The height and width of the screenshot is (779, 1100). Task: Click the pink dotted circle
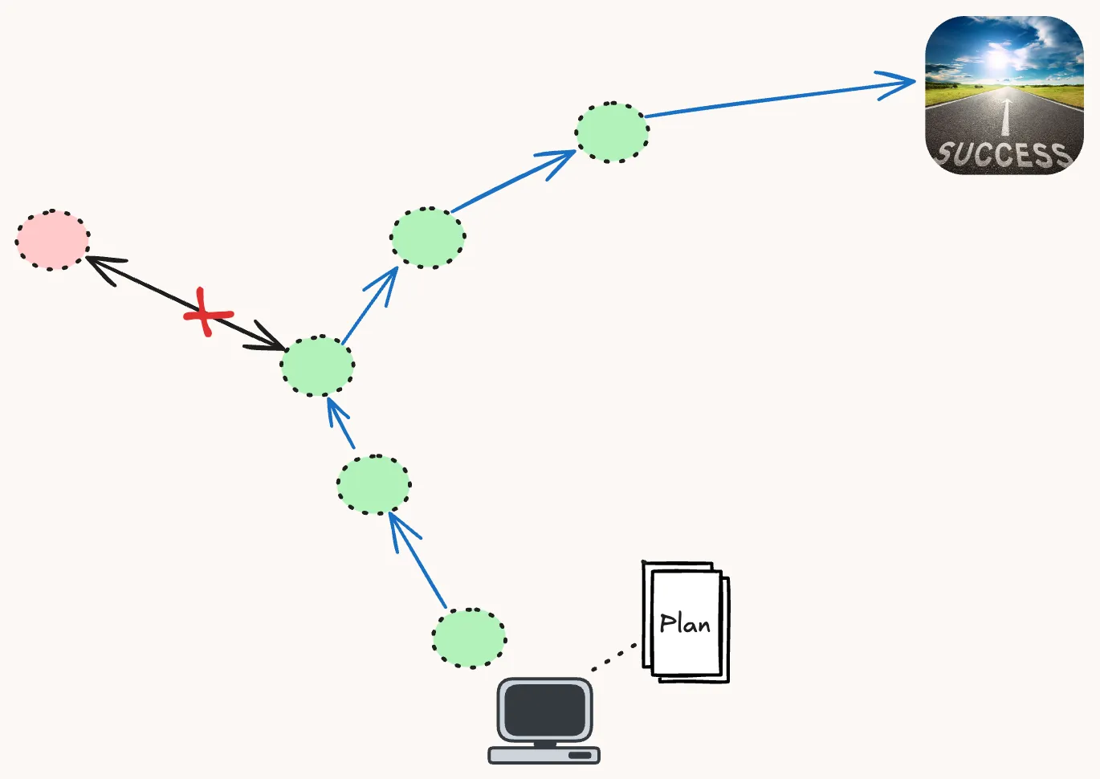pyautogui.click(x=52, y=240)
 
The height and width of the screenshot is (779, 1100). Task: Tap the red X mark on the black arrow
pyautogui.click(x=207, y=312)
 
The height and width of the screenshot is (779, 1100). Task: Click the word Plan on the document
pyautogui.click(x=685, y=623)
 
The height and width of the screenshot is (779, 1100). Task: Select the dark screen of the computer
pyautogui.click(x=545, y=710)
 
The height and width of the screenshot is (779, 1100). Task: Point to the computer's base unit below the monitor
pyautogui.click(x=544, y=755)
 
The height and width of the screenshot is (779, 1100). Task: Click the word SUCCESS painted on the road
pyautogui.click(x=1003, y=153)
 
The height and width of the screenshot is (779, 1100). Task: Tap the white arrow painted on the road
pyautogui.click(x=1005, y=113)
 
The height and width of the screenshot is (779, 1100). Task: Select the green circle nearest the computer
pyautogui.click(x=469, y=638)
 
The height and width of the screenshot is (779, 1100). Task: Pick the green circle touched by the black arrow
pyautogui.click(x=317, y=365)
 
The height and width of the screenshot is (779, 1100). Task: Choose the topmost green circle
pyautogui.click(x=612, y=133)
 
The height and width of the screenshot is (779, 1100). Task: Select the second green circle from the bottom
pyautogui.click(x=373, y=484)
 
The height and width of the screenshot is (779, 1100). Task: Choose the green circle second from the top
pyautogui.click(x=427, y=238)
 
